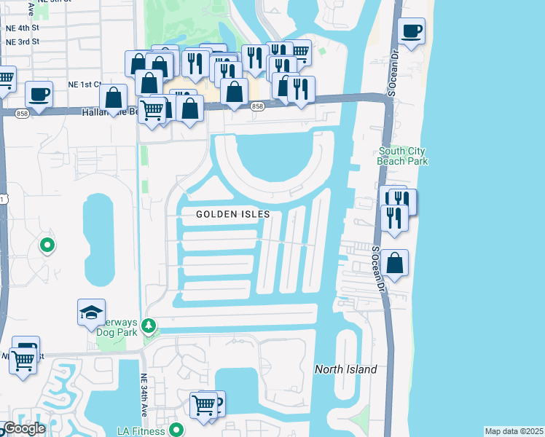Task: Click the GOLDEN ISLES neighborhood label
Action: tap(233, 214)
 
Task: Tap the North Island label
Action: tap(345, 369)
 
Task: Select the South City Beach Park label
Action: tap(402, 156)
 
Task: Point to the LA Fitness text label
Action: tap(144, 430)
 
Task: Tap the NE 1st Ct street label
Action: tap(83, 84)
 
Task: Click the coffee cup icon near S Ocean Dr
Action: tap(412, 31)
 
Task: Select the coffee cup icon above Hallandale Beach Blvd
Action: tap(39, 94)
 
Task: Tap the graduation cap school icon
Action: tap(91, 312)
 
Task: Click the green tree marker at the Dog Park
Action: tap(149, 325)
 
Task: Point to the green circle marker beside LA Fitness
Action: tap(176, 430)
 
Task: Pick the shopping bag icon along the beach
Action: tap(394, 264)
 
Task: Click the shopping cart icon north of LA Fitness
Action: tap(205, 404)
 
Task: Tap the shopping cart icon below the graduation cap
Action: tap(23, 358)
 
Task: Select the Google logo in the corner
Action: tap(23, 428)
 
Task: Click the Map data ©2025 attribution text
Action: tap(514, 431)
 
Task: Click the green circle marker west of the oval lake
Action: tap(47, 245)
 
